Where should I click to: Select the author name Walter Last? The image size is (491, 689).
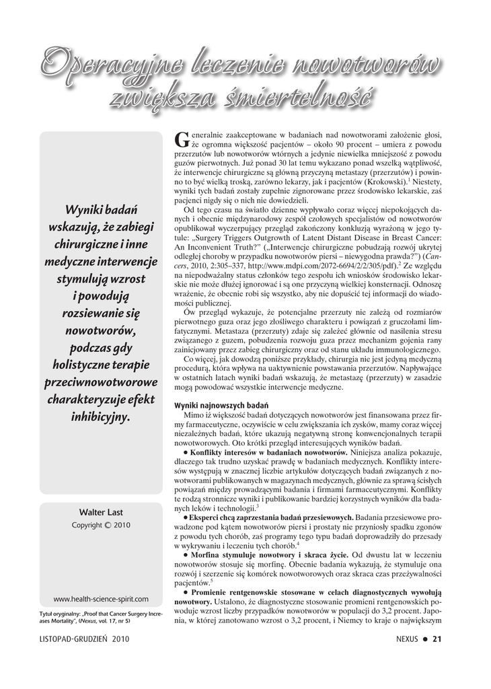pos(101,512)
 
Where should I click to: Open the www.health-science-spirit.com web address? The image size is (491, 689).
pos(101,598)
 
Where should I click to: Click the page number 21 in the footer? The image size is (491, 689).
pos(437,639)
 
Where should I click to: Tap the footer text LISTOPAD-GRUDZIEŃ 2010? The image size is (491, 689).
pos(83,639)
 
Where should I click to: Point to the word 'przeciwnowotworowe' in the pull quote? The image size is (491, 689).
pos(101,382)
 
